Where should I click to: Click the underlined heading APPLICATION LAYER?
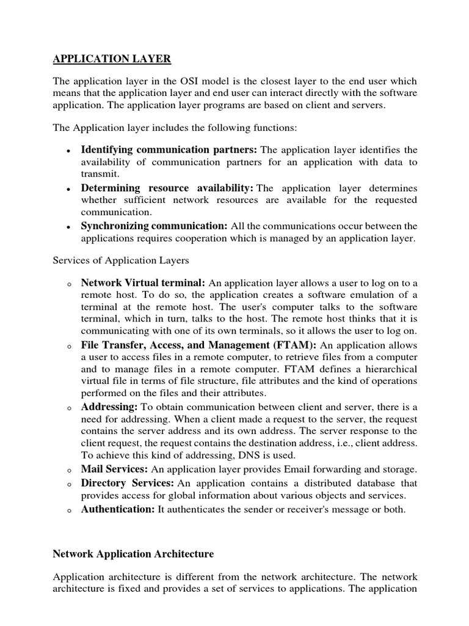(112, 59)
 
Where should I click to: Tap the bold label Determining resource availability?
(167, 188)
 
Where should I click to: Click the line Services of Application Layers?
(121, 260)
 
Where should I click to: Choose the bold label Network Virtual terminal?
(144, 283)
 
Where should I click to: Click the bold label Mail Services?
(114, 469)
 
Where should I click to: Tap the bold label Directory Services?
(128, 483)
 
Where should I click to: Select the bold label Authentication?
(118, 509)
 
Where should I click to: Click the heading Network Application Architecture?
(133, 554)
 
